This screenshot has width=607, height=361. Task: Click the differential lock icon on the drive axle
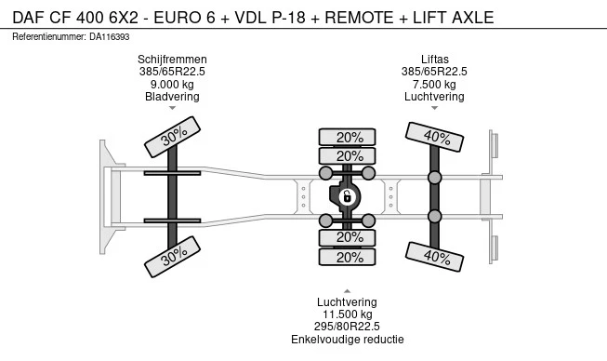(x=348, y=196)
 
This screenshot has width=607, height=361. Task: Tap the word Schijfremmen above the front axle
(x=172, y=60)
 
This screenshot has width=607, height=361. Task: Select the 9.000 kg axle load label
(x=172, y=84)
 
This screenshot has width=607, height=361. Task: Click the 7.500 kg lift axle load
(x=434, y=84)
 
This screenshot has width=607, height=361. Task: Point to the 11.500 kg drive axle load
(x=348, y=314)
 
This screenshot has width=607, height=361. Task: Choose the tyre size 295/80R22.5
(x=348, y=327)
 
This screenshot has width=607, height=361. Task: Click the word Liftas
(x=435, y=60)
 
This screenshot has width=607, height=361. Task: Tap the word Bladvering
(x=172, y=97)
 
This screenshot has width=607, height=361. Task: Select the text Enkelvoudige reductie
(x=348, y=340)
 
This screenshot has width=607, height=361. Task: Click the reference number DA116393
(x=110, y=37)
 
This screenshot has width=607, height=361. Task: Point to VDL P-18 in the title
(x=271, y=18)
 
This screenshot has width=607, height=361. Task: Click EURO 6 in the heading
(x=184, y=18)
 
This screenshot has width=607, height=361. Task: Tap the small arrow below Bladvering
(x=172, y=108)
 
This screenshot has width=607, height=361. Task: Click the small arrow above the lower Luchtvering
(x=348, y=291)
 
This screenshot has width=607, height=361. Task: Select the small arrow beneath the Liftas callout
(x=434, y=108)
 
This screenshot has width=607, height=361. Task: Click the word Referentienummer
(x=49, y=37)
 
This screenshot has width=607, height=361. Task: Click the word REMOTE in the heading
(x=359, y=18)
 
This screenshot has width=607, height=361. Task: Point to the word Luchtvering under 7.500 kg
(x=434, y=97)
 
